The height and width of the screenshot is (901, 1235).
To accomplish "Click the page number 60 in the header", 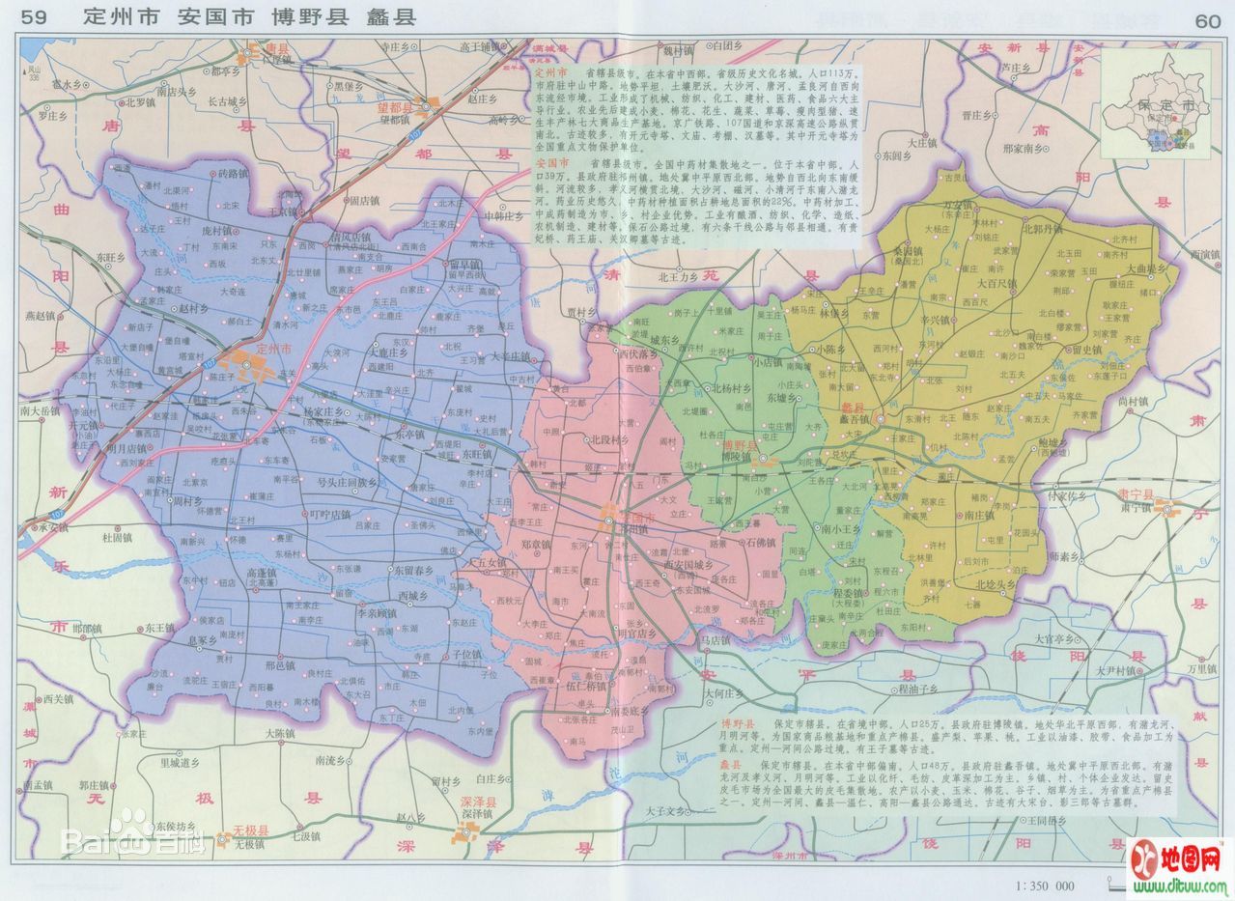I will (x=1207, y=20).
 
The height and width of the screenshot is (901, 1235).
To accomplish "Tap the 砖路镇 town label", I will (x=233, y=174).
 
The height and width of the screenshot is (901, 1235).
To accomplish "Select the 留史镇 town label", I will (x=1084, y=349).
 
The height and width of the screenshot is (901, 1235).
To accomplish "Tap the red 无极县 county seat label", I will (x=249, y=830).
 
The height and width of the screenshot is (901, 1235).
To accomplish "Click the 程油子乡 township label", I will (x=918, y=689).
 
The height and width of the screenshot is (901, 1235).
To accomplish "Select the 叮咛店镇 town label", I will (x=329, y=515).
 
